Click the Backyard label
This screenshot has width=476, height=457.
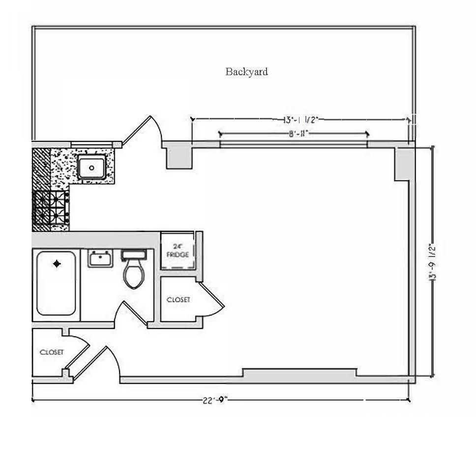click(246, 72)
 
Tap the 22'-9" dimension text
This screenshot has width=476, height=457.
click(215, 400)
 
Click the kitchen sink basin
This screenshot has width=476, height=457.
click(92, 167)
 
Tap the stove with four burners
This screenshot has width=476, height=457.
click(50, 208)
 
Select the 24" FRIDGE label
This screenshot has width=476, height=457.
click(178, 251)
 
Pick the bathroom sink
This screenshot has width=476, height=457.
click(100, 257)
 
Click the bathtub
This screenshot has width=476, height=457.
click(56, 283)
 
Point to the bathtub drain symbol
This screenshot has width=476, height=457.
click(57, 264)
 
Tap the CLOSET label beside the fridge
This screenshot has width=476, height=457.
click(178, 299)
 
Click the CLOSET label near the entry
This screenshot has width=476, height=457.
click(51, 352)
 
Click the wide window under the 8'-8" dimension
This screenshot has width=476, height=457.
click(294, 144)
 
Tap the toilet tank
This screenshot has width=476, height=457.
click(133, 255)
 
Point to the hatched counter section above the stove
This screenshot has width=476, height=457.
click(41, 169)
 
